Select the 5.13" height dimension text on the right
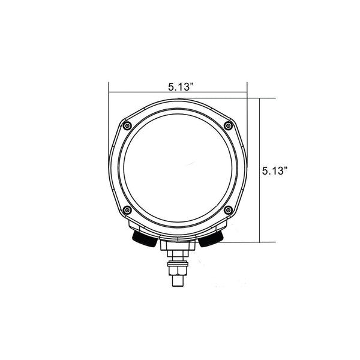coord(275,171)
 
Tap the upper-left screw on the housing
coord(127,126)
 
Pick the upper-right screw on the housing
coord(228,125)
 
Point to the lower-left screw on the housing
coord(127,210)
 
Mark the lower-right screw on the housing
coord(228,210)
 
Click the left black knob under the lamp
coord(145,239)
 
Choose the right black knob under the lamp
coord(211,239)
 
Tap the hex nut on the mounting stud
coord(178,271)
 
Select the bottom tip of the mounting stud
coord(178,286)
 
